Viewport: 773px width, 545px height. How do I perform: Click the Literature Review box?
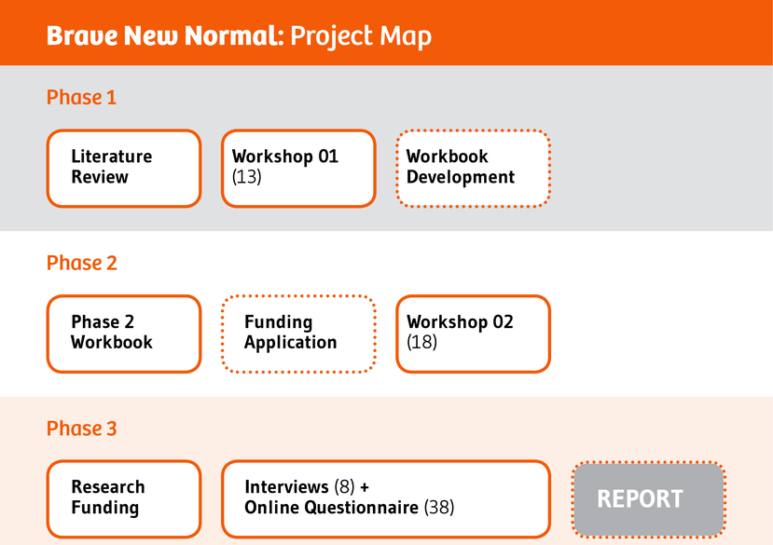coord(123,168)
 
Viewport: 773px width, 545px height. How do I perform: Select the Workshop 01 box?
coord(297,168)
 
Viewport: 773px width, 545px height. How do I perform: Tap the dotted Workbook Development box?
coord(473,168)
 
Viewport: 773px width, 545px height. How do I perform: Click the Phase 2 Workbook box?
coord(123,334)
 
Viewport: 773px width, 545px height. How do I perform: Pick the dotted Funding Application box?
coord(297,334)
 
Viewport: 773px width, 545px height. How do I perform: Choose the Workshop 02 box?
coord(473,334)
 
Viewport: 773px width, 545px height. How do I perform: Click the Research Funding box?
coord(123,498)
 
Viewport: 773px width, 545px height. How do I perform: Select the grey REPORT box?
coord(647,499)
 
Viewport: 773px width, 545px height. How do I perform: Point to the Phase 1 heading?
coord(81,97)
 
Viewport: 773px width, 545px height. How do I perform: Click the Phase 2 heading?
coord(81,263)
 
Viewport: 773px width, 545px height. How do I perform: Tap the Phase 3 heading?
coord(81,429)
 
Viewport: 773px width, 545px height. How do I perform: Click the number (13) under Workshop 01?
coord(246,177)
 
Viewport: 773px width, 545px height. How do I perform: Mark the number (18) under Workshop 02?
coord(421,343)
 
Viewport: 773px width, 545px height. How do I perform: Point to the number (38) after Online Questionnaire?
coord(438,508)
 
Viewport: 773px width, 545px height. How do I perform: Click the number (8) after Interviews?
coord(343,487)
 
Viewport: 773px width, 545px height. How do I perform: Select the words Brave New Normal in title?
coord(164,36)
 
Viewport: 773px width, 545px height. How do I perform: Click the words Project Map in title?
coord(361,36)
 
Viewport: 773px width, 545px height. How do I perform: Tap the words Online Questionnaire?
coord(331,508)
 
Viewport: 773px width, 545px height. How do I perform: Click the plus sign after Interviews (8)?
coord(364,487)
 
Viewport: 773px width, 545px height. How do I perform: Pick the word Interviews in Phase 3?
coord(286,487)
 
